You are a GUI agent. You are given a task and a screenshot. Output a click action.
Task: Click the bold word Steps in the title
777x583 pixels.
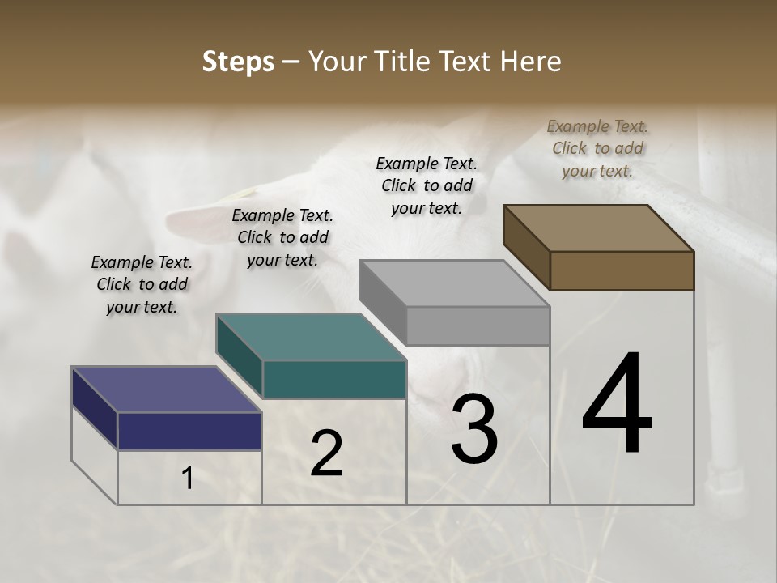[x=238, y=62]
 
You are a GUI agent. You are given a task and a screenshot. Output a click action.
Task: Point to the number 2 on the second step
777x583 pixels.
[x=326, y=453]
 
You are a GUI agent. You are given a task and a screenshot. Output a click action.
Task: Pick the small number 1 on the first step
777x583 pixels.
[x=188, y=479]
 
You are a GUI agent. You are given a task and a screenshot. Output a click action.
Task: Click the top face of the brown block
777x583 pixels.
[x=598, y=228]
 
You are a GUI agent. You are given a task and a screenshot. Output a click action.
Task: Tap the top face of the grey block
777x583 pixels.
[x=454, y=283]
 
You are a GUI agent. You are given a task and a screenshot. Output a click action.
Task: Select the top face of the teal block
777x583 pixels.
[x=311, y=337]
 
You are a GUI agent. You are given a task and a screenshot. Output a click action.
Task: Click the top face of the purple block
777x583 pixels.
[x=167, y=389]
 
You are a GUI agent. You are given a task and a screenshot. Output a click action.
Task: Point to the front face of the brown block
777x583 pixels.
[x=622, y=270]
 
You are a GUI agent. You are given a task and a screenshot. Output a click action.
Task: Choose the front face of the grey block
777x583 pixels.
[x=478, y=326]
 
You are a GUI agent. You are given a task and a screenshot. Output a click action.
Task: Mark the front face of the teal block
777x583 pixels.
[x=334, y=379]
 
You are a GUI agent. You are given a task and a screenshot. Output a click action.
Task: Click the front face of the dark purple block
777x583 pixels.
[x=189, y=431]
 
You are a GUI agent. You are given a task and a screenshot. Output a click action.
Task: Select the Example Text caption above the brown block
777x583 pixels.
[x=597, y=148]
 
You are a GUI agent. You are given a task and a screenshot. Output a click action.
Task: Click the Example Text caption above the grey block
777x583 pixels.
[x=427, y=185]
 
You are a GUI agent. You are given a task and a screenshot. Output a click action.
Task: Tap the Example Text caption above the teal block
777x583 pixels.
[x=282, y=237]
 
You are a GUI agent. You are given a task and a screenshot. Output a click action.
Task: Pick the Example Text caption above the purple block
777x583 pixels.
[x=142, y=284]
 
